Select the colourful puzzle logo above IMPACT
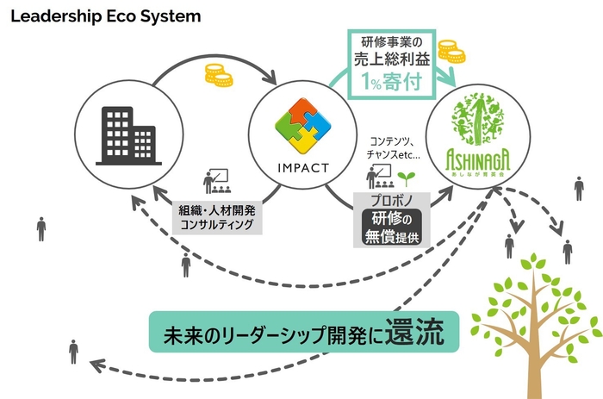point(302,128)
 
